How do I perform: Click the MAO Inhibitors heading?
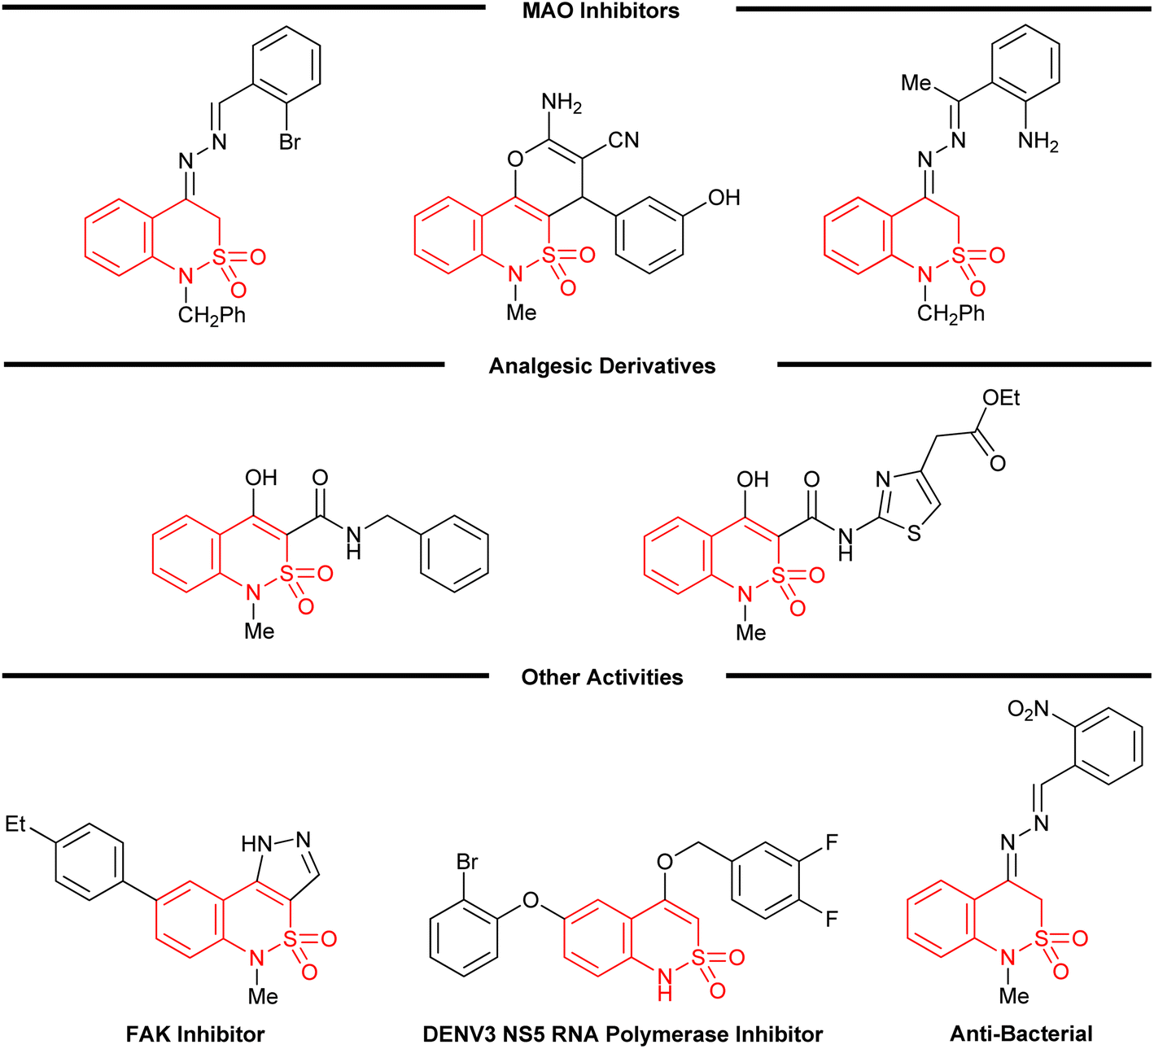pos(601,11)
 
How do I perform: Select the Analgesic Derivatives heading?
pos(602,366)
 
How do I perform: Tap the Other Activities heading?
pos(602,677)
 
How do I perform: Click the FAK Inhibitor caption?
pos(195,1034)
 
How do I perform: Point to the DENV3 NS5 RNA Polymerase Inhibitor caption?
pos(623,1034)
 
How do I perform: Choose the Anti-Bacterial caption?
pos(1021,1034)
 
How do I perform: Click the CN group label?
pos(623,140)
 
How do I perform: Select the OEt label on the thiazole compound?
pos(1001,398)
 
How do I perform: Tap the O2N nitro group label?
pos(1028,710)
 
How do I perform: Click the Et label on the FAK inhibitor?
pos(16,824)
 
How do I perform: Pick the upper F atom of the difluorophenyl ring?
pos(832,842)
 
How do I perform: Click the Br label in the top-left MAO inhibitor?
pos(290,142)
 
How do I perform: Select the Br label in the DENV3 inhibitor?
pos(467,862)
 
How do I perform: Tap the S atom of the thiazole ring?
pos(914,535)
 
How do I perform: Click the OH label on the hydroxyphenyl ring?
pos(723,198)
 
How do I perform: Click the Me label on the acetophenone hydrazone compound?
pos(916,83)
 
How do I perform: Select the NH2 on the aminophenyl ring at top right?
pos(1038,142)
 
